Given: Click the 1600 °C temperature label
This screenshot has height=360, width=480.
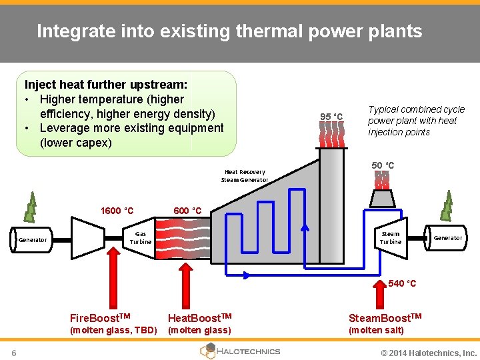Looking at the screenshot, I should (x=117, y=211).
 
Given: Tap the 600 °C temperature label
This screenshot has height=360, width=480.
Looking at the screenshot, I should (x=187, y=211).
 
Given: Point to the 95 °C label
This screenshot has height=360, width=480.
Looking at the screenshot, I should (x=331, y=117).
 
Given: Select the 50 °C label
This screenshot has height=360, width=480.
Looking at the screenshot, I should (x=383, y=165).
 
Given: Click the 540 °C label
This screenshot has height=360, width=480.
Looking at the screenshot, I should (x=402, y=283).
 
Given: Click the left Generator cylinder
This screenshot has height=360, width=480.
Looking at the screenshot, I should (x=31, y=239).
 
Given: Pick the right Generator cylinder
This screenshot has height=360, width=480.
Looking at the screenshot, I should (x=447, y=238).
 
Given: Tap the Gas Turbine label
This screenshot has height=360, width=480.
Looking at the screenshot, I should (x=141, y=238).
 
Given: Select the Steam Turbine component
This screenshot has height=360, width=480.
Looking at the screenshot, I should (x=390, y=238).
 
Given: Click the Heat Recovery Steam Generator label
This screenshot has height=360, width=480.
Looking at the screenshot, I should (x=245, y=176).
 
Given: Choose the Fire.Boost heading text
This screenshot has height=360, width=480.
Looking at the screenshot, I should (x=100, y=317).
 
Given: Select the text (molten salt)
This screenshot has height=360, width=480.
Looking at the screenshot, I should (x=377, y=330).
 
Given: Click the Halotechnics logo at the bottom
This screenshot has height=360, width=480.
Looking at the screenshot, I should (x=240, y=351).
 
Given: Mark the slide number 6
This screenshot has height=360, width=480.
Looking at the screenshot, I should (x=14, y=352).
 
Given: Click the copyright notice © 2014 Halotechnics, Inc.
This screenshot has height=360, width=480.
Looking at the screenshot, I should (x=429, y=353).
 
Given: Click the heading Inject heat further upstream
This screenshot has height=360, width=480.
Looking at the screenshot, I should (x=105, y=85).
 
